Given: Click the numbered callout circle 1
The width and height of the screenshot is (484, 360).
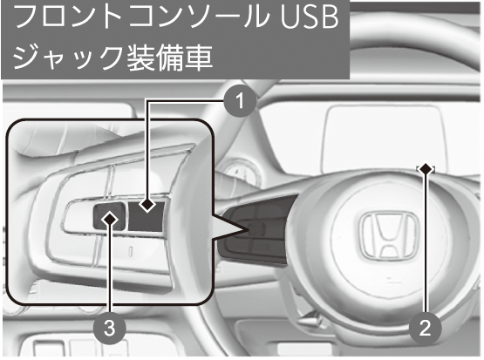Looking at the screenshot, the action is click(240, 100).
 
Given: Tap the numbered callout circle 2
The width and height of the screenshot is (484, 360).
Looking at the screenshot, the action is click(425, 329).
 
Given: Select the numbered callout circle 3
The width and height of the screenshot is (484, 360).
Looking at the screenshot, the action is click(110, 328).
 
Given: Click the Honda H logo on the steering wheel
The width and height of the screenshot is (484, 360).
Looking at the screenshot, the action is click(388, 235).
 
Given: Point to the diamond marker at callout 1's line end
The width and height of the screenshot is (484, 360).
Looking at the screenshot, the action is click(147, 204).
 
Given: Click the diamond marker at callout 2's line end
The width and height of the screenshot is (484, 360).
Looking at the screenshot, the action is click(426, 169).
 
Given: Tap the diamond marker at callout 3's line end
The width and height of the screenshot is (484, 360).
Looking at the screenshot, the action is click(110, 219).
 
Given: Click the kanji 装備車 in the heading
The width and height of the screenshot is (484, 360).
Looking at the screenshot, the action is click(166, 58).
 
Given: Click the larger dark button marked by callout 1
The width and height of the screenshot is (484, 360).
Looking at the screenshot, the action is click(146, 216).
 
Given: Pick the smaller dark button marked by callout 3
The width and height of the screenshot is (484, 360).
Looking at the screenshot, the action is click(109, 217).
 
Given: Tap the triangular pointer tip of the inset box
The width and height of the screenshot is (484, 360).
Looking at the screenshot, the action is click(249, 230).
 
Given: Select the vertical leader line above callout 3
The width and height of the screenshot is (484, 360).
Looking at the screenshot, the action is click(110, 268).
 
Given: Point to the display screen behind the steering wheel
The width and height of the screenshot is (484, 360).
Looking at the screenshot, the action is click(385, 139).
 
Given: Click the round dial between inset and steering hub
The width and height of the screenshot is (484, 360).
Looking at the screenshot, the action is click(238, 173).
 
